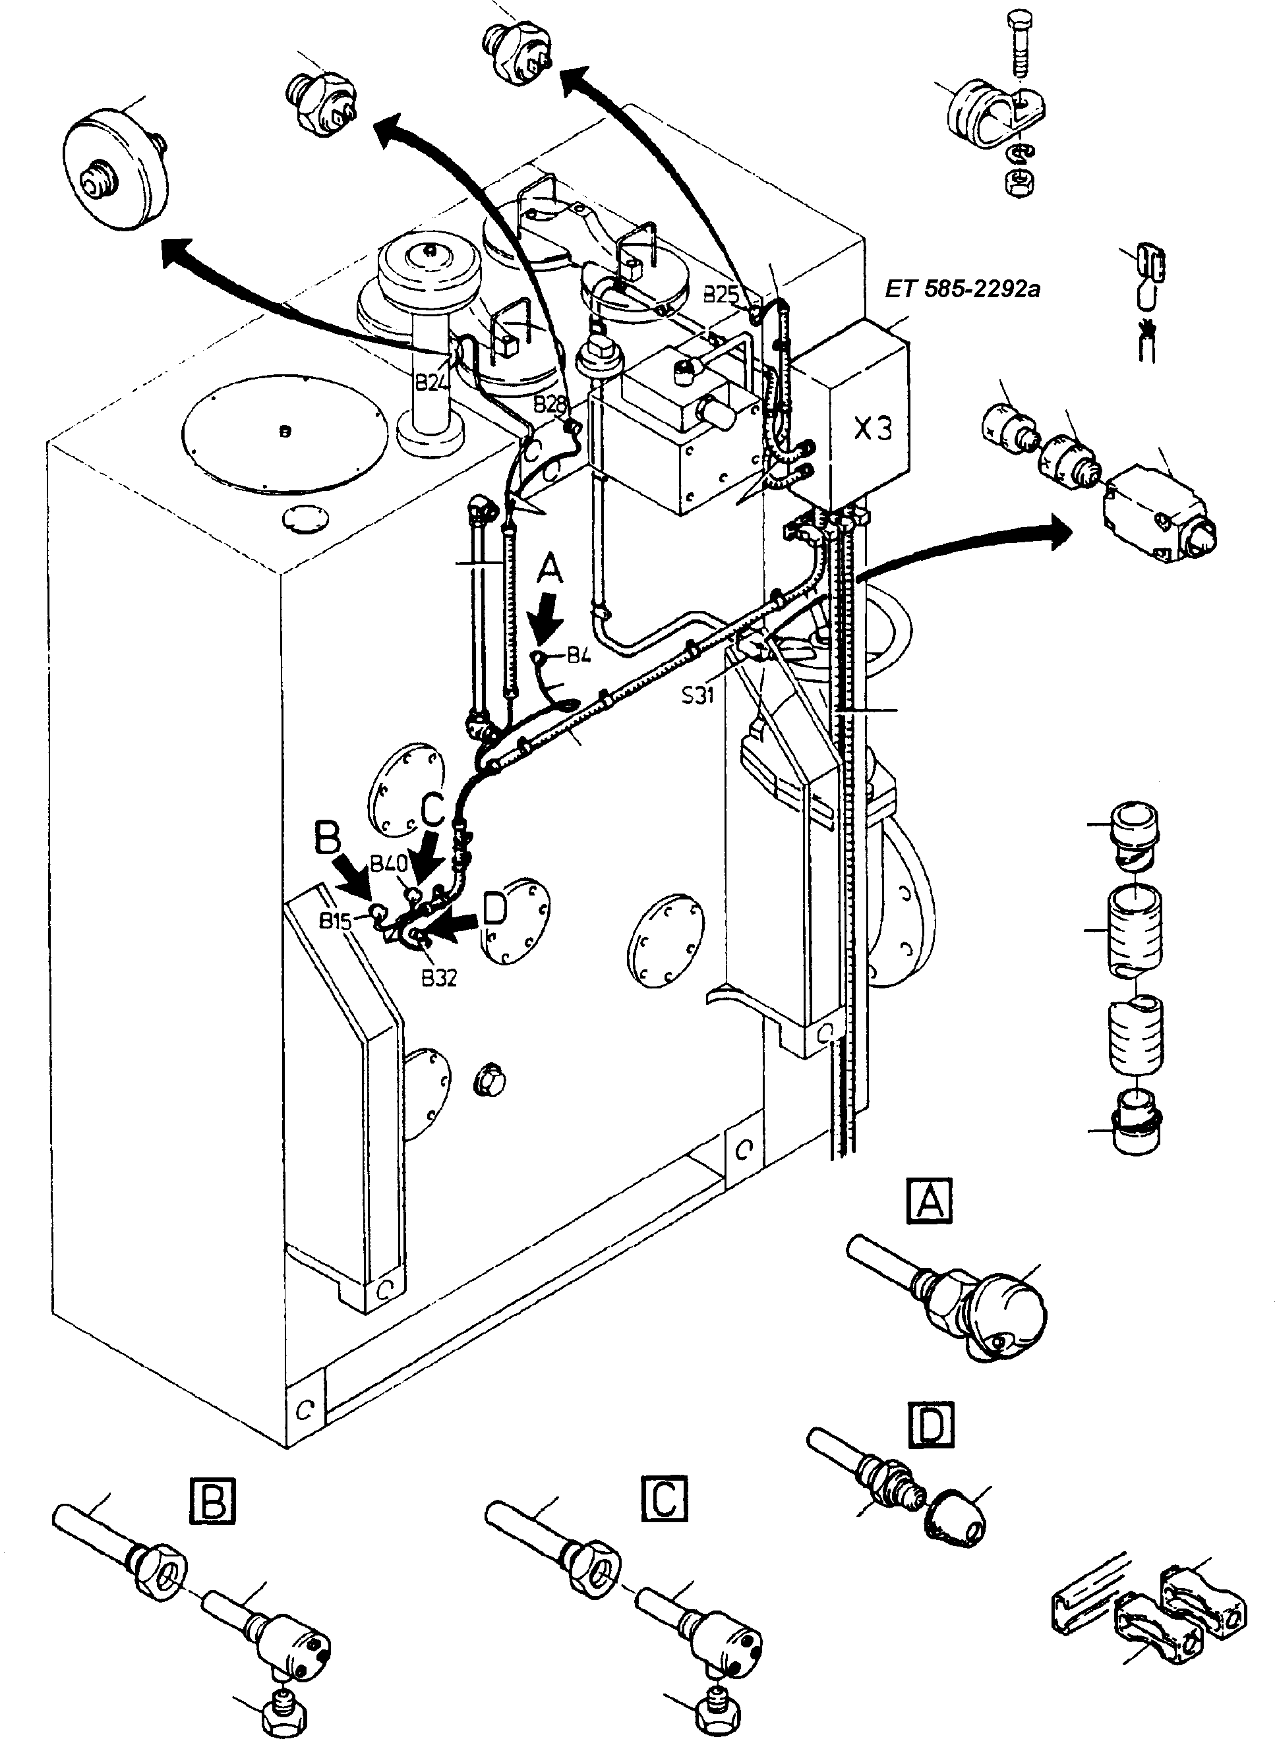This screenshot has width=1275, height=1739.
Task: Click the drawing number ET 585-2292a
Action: point(963,290)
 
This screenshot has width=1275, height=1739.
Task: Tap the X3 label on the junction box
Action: point(873,429)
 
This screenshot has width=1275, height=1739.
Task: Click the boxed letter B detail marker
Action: point(212,1500)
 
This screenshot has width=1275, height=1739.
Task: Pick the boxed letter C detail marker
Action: point(664,1500)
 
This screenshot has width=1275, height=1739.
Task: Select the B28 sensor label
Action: point(550,403)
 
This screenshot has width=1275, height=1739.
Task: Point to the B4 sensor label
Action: point(579,656)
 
